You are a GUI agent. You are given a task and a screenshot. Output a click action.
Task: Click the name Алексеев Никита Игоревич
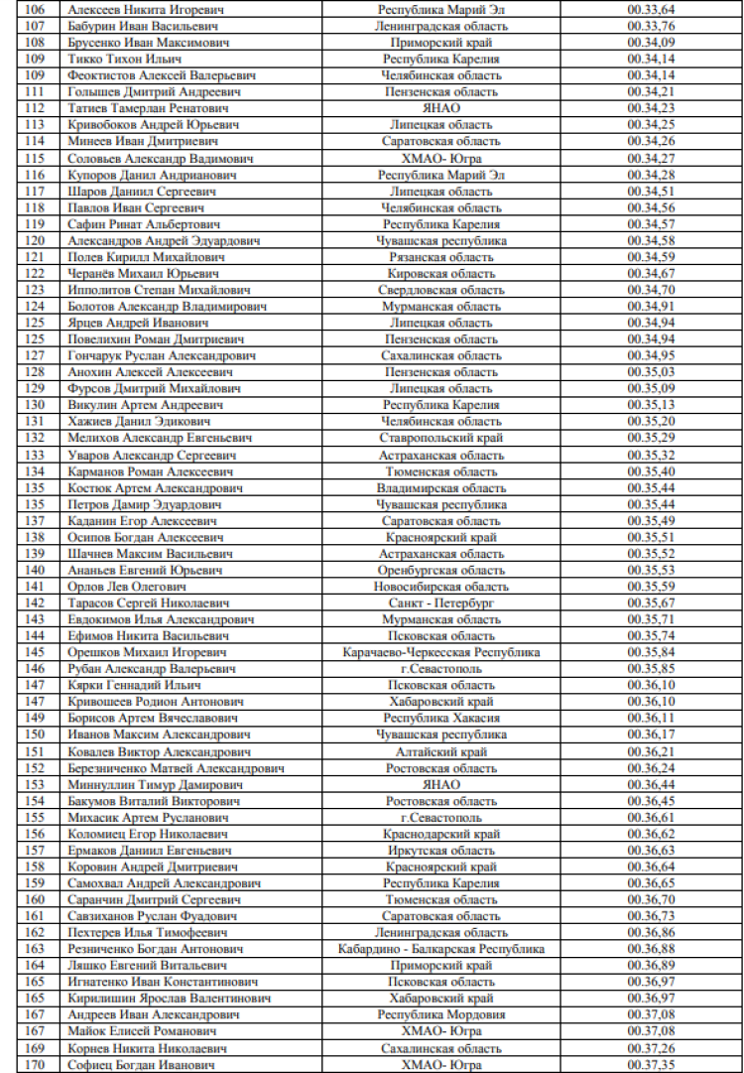(146, 9)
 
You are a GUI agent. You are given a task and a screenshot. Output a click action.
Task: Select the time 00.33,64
(652, 9)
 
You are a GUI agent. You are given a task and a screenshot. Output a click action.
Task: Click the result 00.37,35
(652, 1065)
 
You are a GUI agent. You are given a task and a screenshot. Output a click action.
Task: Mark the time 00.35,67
(652, 604)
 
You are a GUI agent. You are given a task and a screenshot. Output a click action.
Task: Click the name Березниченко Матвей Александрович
(177, 768)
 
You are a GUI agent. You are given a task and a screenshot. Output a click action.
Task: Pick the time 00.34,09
(652, 42)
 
